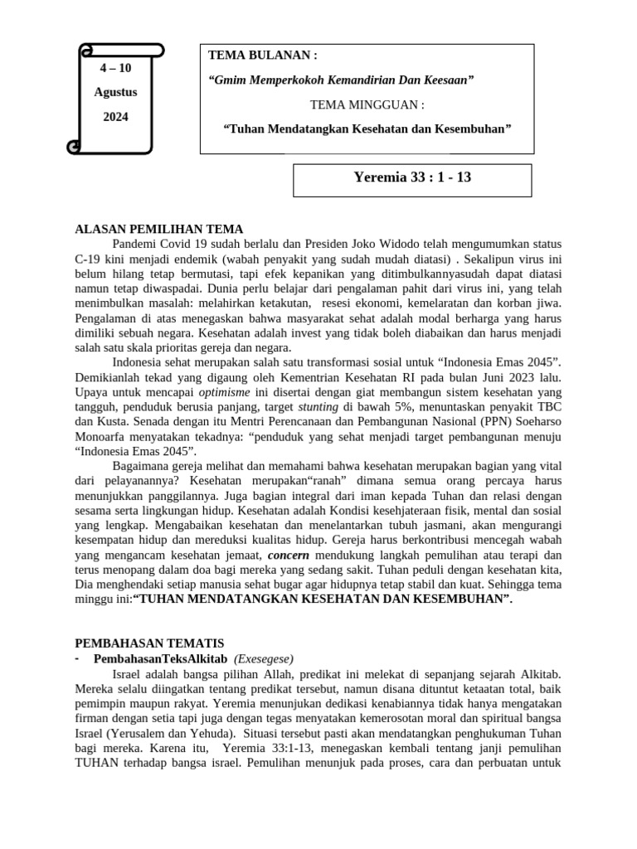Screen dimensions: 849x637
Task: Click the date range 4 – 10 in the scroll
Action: pos(115,67)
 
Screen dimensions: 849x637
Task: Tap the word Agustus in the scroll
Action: pos(115,92)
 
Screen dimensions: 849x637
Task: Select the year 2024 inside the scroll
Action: pos(115,117)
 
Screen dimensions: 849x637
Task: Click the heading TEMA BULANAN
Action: pos(262,56)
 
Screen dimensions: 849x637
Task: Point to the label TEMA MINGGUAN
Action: pos(367,105)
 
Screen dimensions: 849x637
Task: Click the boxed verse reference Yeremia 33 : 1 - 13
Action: pos(412,177)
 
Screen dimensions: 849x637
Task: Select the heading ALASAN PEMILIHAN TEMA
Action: pos(159,230)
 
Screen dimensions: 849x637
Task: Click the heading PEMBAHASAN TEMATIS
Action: pos(149,643)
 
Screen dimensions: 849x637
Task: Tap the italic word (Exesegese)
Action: pos(264,658)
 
